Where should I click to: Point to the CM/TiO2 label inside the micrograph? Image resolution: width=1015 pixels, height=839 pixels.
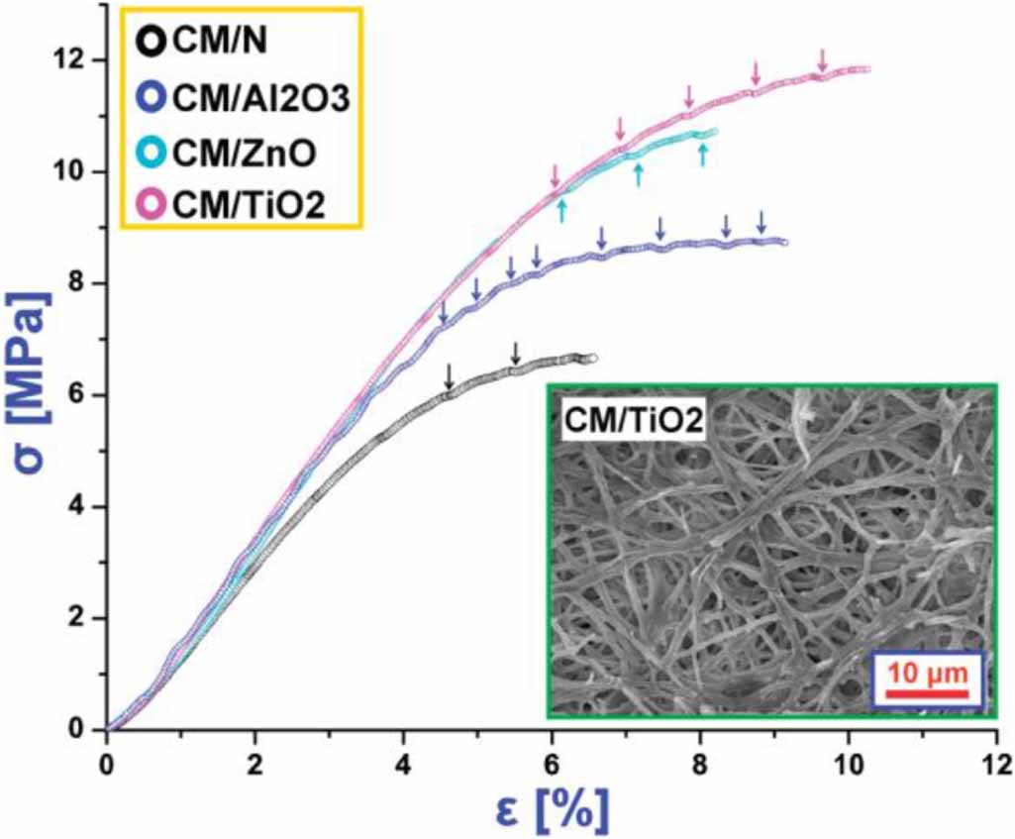coord(633,421)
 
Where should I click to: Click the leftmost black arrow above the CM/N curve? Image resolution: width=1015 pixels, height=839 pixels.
coord(449,376)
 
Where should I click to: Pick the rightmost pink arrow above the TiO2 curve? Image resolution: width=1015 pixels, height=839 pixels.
coord(821,60)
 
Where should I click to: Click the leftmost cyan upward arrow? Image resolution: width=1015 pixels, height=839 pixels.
coord(561,208)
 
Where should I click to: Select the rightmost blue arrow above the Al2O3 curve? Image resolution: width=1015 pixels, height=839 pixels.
coord(761,222)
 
